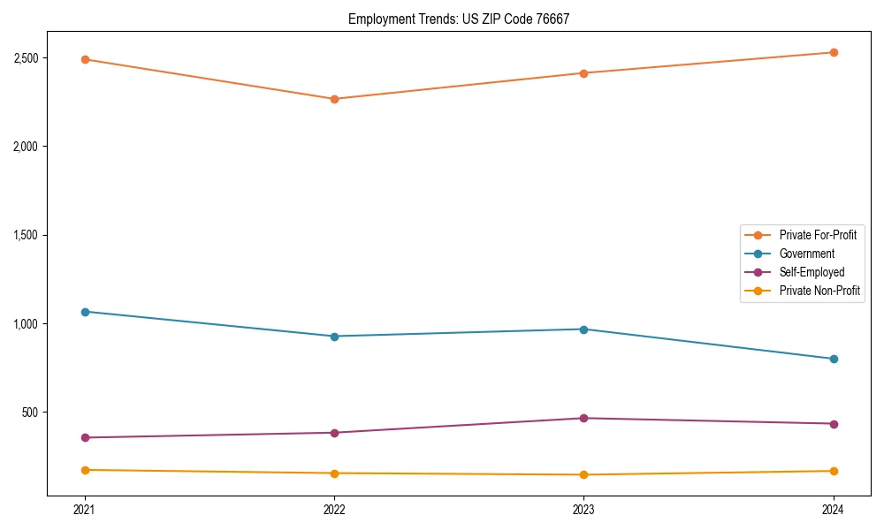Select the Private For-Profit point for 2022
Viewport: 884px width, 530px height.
pos(334,99)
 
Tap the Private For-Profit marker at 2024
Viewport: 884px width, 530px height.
pos(833,52)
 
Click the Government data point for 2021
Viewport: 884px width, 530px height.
pos(85,312)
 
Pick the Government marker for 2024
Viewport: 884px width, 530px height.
pos(833,359)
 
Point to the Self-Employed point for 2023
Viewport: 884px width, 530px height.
pos(583,418)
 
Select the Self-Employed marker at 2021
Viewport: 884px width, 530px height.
pos(85,437)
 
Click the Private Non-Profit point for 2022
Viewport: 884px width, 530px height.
pos(334,473)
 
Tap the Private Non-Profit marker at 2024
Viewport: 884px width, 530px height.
pos(833,471)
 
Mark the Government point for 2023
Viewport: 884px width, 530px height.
pos(583,329)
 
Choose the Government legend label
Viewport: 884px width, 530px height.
pos(806,254)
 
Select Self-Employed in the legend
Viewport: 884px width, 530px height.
pos(812,272)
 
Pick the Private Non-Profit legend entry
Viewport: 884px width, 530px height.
pos(819,291)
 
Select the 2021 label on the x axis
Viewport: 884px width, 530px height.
pos(85,510)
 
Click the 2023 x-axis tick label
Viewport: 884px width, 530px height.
pos(583,510)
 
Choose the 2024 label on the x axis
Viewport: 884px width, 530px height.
pos(833,510)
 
